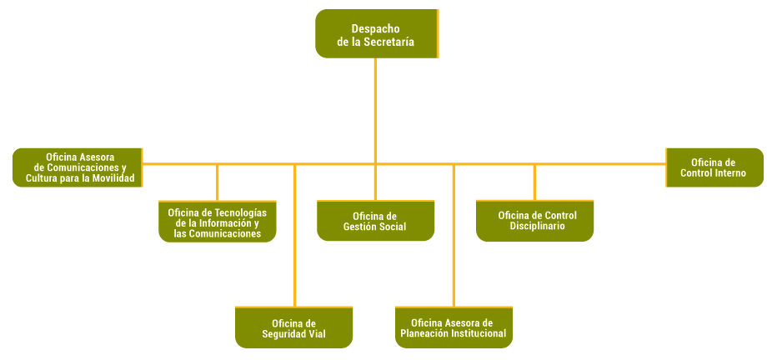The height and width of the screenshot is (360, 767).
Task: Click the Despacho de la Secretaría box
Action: pyautogui.click(x=376, y=34)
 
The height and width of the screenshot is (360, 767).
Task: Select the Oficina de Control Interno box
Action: pyautogui.click(x=714, y=167)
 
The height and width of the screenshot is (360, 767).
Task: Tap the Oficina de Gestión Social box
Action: pyautogui.click(x=375, y=221)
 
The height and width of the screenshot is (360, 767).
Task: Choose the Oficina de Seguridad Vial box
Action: pyautogui.click(x=293, y=327)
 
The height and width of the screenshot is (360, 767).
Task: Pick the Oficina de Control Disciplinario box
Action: pyautogui.click(x=535, y=221)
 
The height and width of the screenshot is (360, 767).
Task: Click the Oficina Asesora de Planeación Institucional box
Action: pyautogui.click(x=453, y=327)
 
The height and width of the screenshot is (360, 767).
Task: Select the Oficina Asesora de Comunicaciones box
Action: pyautogui.click(x=78, y=167)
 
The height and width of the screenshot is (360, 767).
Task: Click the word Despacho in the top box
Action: pyautogui.click(x=375, y=28)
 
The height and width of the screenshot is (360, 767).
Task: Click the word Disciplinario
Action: pyautogui.click(x=538, y=227)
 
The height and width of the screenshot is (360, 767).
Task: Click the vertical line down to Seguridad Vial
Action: pyautogui.click(x=295, y=242)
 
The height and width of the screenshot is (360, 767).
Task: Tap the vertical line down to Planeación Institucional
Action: pyautogui.click(x=454, y=242)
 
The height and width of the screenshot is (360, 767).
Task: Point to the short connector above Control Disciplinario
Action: pyautogui.click(x=534, y=182)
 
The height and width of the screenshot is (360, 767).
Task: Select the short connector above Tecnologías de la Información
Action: pyautogui.click(x=218, y=182)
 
